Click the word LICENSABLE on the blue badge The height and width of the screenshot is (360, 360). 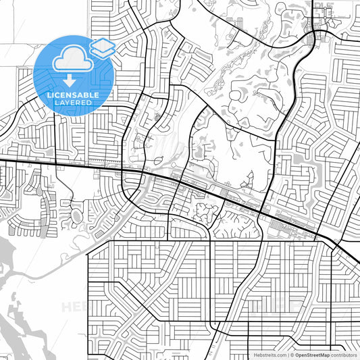73,95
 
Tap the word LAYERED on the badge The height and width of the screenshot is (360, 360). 73,103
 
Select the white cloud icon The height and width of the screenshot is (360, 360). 70,58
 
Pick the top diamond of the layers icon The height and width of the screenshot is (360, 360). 103,44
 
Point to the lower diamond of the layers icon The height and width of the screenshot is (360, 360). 103,51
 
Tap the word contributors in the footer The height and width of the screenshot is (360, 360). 345,354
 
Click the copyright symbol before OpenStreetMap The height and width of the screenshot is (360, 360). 292,354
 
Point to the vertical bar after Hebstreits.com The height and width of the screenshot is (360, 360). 287,354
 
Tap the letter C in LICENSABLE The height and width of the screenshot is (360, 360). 56,95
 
